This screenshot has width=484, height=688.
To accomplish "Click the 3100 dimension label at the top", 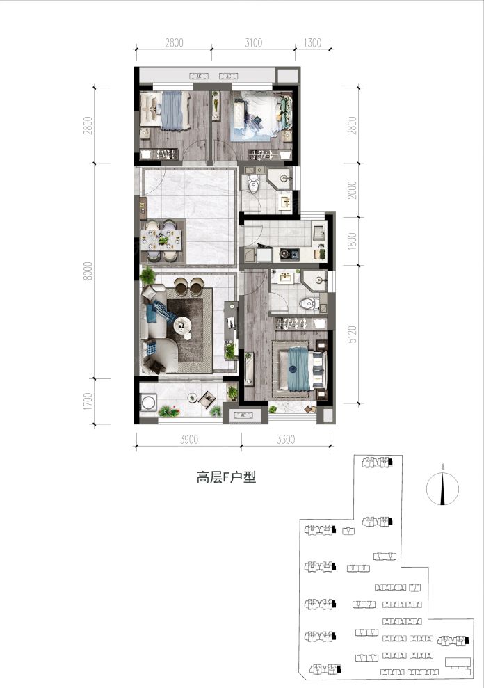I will click(254, 42).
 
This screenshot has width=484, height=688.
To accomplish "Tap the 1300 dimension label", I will click(312, 42).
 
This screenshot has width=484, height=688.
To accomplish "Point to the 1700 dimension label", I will click(88, 401).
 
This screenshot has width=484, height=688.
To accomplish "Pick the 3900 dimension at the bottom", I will click(188, 439).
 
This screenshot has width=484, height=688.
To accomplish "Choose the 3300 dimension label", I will click(286, 439).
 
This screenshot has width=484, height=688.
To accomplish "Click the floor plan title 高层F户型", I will click(226, 478).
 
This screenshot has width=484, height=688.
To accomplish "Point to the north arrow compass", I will click(442, 488).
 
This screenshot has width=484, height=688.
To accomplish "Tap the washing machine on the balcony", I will click(148, 402).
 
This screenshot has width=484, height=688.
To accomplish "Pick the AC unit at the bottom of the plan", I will click(244, 415).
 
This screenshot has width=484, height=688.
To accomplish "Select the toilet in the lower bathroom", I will click(309, 303).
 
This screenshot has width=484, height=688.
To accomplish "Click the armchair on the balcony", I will click(207, 399).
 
